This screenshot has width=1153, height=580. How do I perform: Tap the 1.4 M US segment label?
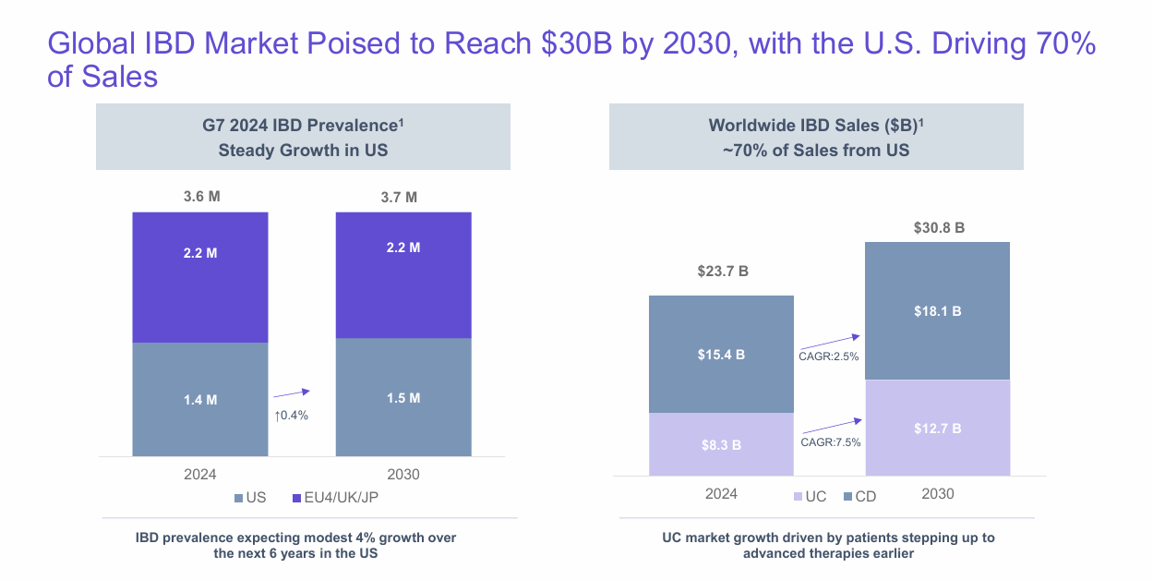point(199,399)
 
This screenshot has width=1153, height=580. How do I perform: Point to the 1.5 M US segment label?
point(402,398)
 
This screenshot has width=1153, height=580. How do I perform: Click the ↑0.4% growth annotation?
point(291,416)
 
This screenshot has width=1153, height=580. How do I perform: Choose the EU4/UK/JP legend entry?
point(341,498)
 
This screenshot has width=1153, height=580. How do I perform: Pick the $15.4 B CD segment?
point(721,354)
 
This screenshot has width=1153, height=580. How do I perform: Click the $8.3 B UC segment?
point(721,444)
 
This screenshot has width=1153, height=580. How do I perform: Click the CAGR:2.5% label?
point(829,356)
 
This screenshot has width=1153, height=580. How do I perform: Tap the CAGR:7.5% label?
point(829,442)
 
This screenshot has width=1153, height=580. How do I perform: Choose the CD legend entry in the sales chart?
point(859,496)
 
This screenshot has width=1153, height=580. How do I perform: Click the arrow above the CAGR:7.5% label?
point(830,426)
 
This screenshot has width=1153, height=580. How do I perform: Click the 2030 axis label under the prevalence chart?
point(402,474)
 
